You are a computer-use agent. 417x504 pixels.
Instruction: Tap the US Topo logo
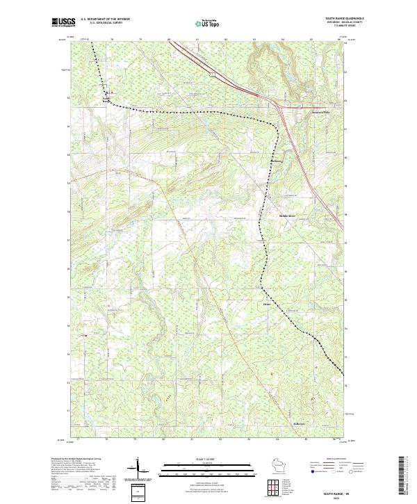209,23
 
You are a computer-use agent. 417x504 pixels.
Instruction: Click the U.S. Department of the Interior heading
105,19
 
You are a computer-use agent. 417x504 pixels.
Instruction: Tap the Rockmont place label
277,162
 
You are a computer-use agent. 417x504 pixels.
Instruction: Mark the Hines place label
266,304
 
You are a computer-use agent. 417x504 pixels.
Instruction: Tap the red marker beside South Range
113,92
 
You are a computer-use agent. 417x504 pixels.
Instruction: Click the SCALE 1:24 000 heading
208,458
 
